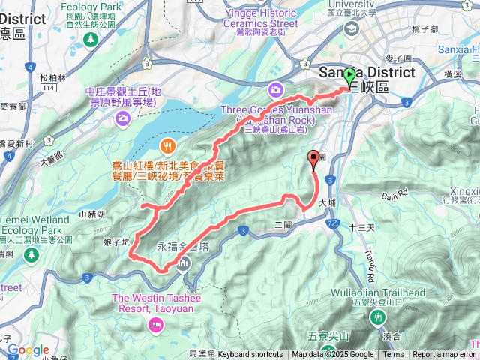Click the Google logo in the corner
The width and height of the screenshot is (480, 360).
click(28, 350)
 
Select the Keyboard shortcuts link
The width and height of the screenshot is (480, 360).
click(250, 355)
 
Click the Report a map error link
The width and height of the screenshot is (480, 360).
click(444, 355)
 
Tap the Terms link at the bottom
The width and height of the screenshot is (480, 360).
click(393, 355)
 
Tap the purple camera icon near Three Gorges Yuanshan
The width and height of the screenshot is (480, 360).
click(277, 89)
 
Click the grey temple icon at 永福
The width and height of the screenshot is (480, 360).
click(184, 262)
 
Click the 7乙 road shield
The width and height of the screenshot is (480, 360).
click(333, 223)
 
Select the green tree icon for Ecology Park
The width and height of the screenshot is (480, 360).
click(89, 37)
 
